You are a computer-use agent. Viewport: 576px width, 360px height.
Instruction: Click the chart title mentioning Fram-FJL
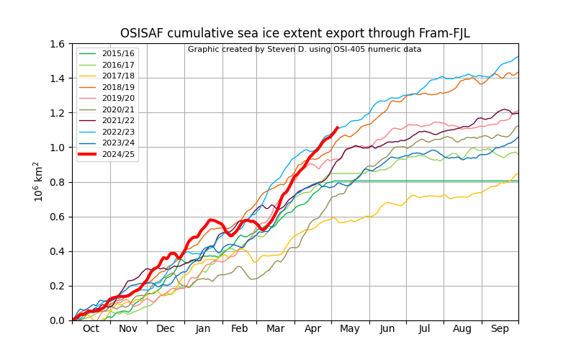[295, 33]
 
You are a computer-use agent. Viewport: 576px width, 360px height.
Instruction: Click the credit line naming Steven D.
[305, 49]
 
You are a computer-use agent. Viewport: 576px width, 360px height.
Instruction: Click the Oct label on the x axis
[91, 329]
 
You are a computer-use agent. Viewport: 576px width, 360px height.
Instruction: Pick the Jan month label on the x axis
[203, 329]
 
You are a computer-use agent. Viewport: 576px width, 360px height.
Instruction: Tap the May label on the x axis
[350, 329]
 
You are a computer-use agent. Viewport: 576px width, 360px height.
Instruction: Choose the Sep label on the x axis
[500, 329]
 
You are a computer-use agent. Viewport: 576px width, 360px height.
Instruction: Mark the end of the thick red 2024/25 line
[337, 128]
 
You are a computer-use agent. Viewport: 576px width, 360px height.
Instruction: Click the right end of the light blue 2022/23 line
[518, 57]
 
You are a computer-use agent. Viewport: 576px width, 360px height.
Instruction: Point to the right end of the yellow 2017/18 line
[518, 174]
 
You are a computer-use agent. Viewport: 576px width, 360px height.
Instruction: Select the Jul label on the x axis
[424, 329]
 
